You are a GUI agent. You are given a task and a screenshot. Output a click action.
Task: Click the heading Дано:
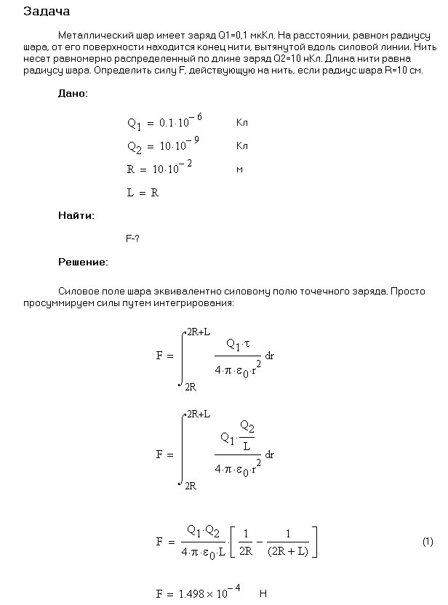(73, 94)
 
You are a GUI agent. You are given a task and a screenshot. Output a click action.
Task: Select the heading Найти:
(76, 215)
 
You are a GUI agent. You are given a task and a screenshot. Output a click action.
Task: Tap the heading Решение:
(83, 262)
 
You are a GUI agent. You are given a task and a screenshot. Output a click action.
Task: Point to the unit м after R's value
(239, 169)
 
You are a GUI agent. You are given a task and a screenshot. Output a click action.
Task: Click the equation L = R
(143, 193)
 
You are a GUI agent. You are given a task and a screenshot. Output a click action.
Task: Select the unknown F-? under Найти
(132, 239)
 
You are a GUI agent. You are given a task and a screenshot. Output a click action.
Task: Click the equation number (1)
(428, 542)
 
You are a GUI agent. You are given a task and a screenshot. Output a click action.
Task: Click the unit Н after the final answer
(263, 593)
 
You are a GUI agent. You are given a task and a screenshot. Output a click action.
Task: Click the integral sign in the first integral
(181, 356)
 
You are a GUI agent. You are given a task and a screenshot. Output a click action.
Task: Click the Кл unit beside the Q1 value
(242, 124)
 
